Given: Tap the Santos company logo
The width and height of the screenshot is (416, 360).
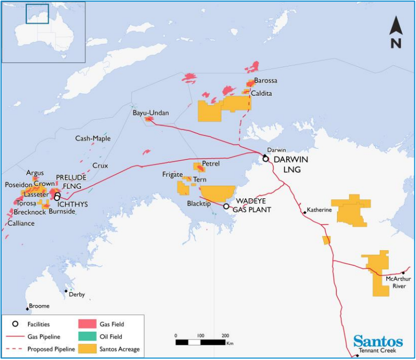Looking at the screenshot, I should tap(378, 342).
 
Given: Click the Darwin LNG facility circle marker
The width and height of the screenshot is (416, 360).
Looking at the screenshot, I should tap(266, 159).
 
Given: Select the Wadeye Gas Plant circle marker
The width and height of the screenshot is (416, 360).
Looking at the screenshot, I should tap(226, 206).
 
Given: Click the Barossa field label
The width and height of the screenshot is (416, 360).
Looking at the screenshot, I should tap(265, 81).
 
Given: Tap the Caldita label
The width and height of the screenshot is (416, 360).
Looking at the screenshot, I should tap(262, 93).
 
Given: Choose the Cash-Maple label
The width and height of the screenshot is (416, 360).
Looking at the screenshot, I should tap(93, 139).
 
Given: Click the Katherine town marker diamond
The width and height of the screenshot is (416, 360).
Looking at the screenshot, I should tap(305, 212).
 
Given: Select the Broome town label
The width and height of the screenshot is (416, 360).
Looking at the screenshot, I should tap(39, 306).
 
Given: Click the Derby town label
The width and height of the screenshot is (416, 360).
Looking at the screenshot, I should tap(76, 295).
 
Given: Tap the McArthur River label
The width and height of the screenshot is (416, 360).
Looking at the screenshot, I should tap(396, 282).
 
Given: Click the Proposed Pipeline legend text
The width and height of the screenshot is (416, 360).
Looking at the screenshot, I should tap(52, 349).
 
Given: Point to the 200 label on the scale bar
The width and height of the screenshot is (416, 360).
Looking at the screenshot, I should tap(225, 335).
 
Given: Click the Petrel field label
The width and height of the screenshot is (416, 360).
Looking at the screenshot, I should tap(211, 164).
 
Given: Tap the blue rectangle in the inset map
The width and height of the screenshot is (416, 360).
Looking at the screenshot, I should tap(37, 14).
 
